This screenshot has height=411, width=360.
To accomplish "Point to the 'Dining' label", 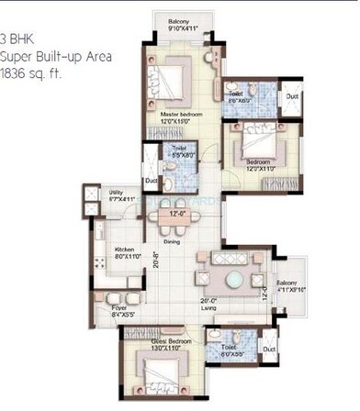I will [x=172, y=242].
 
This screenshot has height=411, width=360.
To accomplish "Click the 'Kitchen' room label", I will [x=126, y=250].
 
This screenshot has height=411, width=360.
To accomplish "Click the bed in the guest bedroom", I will [x=157, y=375].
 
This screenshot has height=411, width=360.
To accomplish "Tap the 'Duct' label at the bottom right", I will [x=269, y=349].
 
